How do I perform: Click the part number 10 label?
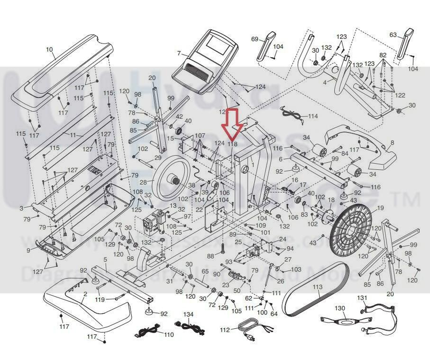pos(49,49)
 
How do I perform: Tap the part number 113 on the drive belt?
pos(317,287)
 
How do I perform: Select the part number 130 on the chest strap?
pos(340,308)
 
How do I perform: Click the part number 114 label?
pos(313,116)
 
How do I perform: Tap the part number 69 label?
pos(254,39)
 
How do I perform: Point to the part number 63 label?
pos(393,35)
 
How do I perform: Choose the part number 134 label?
pos(188,315)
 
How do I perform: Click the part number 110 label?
pos(168,334)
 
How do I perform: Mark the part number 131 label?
pos(362,297)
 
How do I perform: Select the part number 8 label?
pos(392,142)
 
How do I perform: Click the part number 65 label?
pos(205,271)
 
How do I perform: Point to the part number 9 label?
pos(28,250)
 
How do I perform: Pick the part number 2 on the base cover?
pos(85,294)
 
